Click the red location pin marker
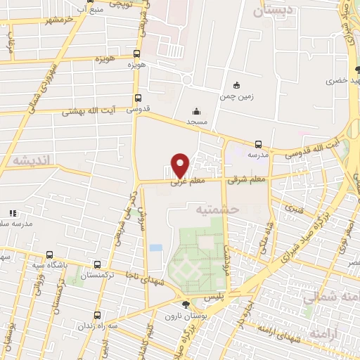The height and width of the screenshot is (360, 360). (181, 165)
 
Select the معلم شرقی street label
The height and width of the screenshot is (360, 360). (247, 180)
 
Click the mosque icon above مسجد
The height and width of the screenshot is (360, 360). (195, 111)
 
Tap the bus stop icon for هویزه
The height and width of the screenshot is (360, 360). (136, 53)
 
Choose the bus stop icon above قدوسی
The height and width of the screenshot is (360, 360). (137, 99)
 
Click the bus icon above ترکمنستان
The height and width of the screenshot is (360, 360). (97, 264)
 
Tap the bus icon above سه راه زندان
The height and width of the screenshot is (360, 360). (98, 315)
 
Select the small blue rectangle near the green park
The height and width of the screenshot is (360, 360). (155, 247)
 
